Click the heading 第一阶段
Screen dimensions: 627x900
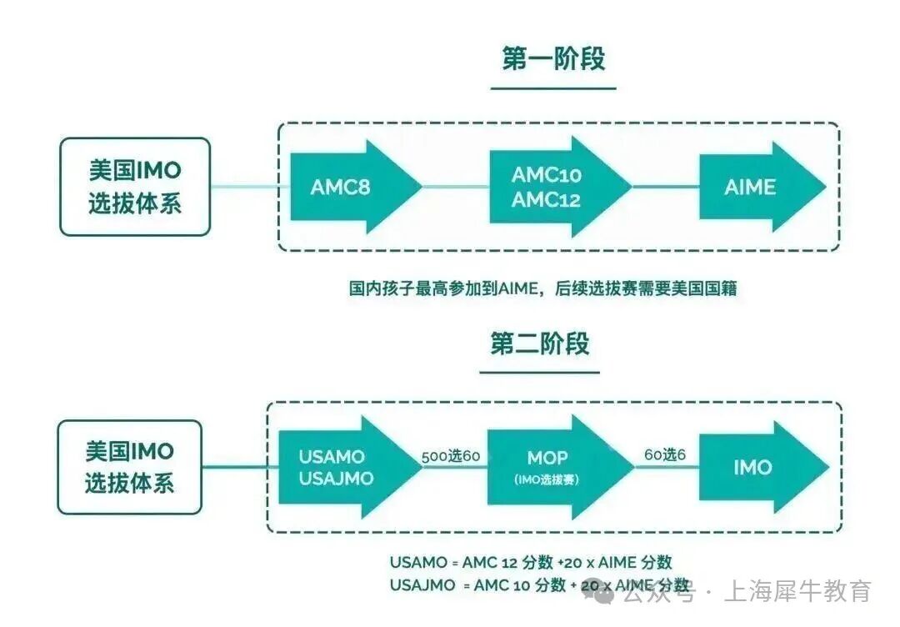[553, 58]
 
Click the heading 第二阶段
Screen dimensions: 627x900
[539, 344]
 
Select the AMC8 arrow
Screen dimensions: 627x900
[350, 187]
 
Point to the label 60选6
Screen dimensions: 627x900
[665, 456]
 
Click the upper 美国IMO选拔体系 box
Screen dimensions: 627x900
[134, 187]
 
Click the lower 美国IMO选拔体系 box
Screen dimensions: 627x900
[129, 467]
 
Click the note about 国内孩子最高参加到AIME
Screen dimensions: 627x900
[542, 289]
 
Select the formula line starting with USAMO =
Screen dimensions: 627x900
[531, 562]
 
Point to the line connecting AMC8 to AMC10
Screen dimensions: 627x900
[454, 186]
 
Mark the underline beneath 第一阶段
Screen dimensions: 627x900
[552, 87]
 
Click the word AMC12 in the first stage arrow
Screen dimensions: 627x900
[546, 199]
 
